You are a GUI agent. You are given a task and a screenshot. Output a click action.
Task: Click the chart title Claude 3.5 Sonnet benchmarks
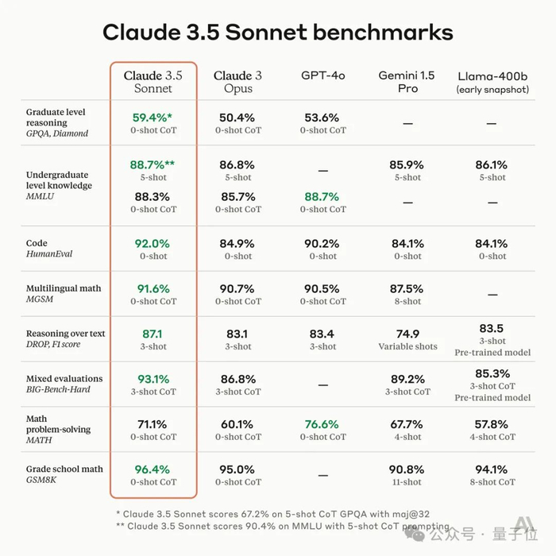(278, 32)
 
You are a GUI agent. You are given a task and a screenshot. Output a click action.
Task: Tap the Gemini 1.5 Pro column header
(407, 82)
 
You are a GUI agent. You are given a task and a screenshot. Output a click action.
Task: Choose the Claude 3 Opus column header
(238, 82)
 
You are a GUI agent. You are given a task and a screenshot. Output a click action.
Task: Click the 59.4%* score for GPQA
(153, 118)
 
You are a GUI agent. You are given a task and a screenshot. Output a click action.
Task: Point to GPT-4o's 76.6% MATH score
(323, 424)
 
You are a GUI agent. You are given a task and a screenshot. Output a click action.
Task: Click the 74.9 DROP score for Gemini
(407, 334)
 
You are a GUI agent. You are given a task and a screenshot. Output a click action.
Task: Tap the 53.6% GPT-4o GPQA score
(323, 118)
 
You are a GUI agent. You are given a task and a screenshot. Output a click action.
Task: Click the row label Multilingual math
(64, 288)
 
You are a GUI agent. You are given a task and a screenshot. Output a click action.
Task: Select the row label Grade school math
(64, 469)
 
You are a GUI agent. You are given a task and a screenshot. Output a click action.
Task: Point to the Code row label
(37, 243)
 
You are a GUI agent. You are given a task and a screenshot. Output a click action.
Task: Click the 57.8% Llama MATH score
(492, 424)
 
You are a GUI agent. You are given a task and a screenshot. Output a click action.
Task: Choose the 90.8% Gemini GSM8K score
(407, 469)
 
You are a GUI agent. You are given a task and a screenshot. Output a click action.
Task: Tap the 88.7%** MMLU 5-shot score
(153, 165)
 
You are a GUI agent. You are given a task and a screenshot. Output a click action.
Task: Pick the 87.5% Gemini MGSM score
(407, 289)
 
